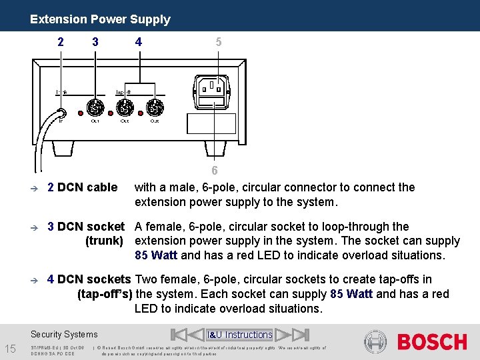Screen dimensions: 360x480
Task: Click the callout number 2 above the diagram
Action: coord(61,41)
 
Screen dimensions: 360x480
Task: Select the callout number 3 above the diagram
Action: coord(95,41)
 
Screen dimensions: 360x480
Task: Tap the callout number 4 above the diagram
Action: coord(138,41)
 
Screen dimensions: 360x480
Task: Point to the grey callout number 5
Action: coord(219,41)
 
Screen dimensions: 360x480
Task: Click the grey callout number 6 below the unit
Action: coord(214,171)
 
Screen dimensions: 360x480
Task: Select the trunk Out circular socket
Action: coord(95,107)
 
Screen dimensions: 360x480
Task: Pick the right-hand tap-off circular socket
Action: coord(155,107)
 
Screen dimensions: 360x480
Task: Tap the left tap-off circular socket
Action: coord(125,107)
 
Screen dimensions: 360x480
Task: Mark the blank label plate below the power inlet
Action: coord(212,124)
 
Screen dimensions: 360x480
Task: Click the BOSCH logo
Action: coord(432,342)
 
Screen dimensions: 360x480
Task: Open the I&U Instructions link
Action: coord(239,335)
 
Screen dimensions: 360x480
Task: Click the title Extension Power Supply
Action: coord(100,19)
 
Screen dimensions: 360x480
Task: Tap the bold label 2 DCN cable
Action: coord(82,187)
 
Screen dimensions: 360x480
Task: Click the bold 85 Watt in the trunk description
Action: coord(156,255)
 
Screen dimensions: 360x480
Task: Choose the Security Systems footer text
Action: coord(64,335)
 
